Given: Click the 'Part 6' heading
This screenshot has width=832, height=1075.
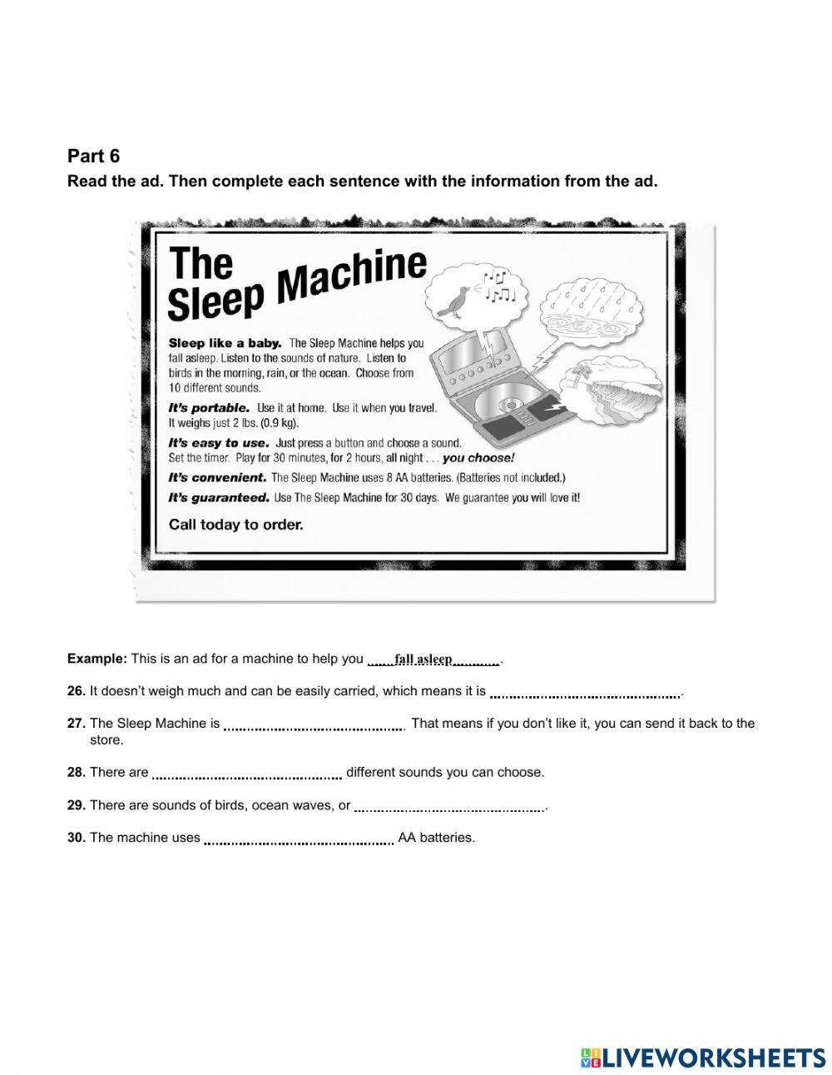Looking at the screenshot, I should (93, 156).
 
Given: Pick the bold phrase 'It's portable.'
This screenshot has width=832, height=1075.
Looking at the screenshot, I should (209, 408).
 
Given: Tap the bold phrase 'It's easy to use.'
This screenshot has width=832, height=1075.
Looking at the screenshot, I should (218, 443).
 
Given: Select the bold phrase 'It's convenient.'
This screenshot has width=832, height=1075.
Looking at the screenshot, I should (217, 478).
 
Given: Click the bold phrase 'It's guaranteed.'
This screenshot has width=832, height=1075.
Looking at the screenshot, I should (219, 497).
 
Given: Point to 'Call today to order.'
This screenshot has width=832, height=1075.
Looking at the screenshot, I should (235, 525).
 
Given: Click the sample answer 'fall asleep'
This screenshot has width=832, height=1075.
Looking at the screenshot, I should (423, 659).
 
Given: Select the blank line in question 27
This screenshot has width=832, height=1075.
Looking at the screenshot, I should (313, 725).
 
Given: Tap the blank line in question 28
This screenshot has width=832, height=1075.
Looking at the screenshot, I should (247, 774).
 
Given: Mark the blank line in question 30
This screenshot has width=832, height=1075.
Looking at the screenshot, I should (299, 840).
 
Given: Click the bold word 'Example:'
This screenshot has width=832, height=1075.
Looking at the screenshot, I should (97, 659).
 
